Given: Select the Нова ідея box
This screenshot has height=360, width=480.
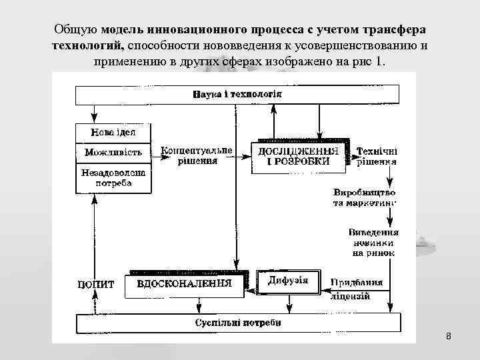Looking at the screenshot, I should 114,133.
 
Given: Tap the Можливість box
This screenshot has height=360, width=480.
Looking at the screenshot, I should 114,153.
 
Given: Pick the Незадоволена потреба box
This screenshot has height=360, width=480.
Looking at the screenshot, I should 114,177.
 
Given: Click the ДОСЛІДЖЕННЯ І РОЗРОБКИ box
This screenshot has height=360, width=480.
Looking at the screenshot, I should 299,158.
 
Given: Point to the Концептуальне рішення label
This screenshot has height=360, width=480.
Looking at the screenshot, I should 197,155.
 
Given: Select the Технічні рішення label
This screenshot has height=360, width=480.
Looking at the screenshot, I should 377,156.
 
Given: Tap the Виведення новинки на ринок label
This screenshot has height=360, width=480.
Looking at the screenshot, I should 373,243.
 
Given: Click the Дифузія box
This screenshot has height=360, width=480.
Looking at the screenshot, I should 288,280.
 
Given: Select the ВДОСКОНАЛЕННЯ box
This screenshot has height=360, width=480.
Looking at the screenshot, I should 184,283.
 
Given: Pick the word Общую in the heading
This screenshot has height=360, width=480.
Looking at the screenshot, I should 77,31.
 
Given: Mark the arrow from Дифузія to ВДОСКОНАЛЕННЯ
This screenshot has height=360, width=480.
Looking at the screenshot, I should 249,289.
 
